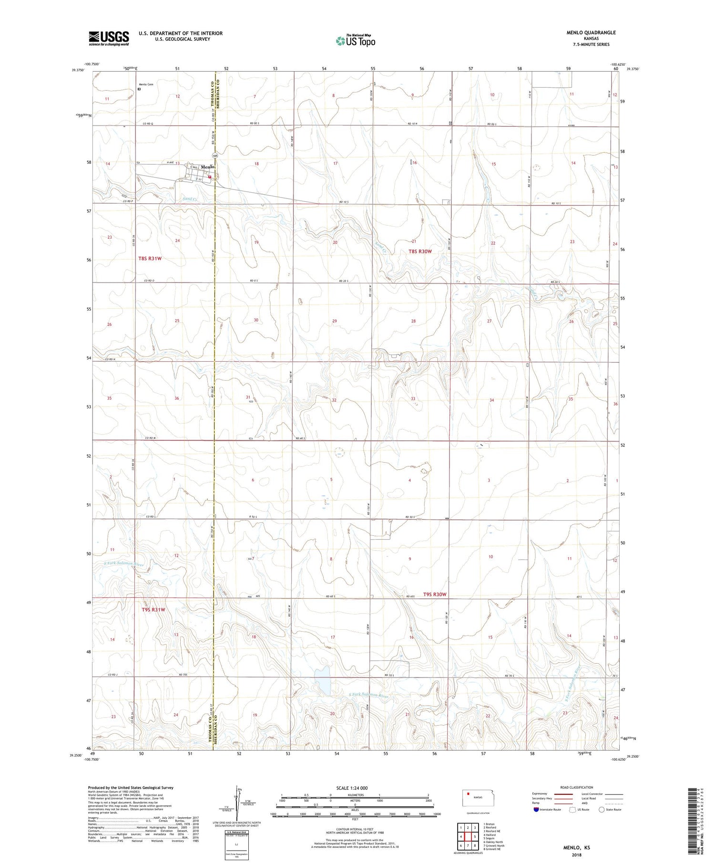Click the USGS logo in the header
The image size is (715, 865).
click(109, 38)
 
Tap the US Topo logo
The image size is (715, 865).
click(356, 41)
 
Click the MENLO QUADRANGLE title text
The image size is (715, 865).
click(591, 32)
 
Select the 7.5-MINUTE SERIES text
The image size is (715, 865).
click(591, 44)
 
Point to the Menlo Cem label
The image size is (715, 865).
click(146, 84)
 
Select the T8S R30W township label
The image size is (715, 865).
click(420, 251)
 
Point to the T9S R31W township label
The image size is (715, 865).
click(153, 610)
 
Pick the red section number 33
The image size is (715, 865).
click(413, 399)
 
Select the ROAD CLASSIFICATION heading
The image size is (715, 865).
click(576, 787)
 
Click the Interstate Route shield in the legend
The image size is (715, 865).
click(536, 809)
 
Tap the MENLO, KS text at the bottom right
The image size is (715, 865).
click(576, 848)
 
